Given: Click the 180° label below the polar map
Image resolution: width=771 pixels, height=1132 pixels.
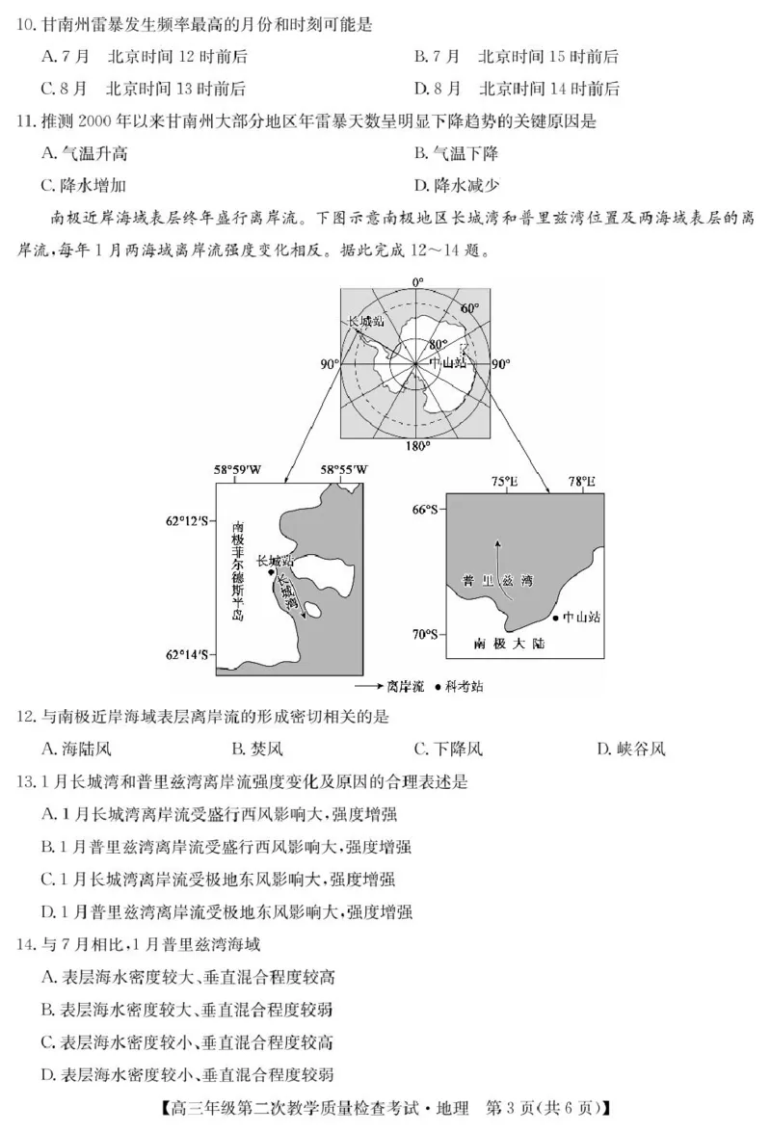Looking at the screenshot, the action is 416,447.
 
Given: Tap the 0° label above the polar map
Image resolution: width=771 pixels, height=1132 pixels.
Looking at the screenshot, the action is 417,282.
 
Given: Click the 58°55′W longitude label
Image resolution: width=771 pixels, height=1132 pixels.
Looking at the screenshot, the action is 344,470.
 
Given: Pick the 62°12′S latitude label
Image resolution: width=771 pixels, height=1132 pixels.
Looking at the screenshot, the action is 187,520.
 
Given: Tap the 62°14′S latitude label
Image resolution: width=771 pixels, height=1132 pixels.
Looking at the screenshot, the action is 187,655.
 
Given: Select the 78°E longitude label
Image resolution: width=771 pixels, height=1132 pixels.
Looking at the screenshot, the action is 581,482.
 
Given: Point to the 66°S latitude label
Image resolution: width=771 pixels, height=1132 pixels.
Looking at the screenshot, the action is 425,509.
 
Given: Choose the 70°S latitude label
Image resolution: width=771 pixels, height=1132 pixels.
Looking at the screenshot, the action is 425,634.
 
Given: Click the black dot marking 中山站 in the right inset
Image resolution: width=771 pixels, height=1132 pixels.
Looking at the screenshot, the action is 556,617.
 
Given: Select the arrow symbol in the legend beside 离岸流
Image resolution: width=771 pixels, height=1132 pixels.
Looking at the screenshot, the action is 367,686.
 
